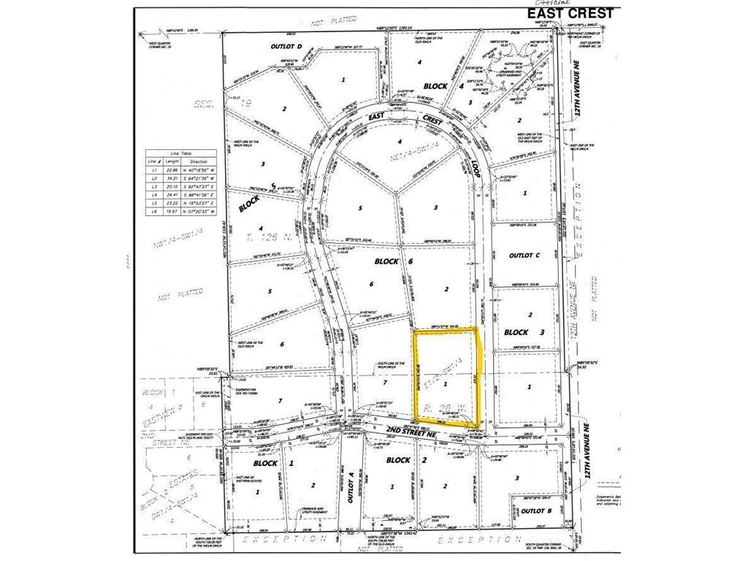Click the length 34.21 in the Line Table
(x=174, y=179)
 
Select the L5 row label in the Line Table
(x=154, y=203)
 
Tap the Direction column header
(x=199, y=162)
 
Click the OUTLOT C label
(x=522, y=256)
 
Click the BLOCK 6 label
(x=387, y=261)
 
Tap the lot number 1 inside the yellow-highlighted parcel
(x=446, y=383)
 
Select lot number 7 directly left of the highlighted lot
(x=382, y=381)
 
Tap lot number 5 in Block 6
(x=361, y=207)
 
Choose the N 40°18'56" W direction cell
(x=199, y=171)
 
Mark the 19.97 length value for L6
(x=174, y=211)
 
